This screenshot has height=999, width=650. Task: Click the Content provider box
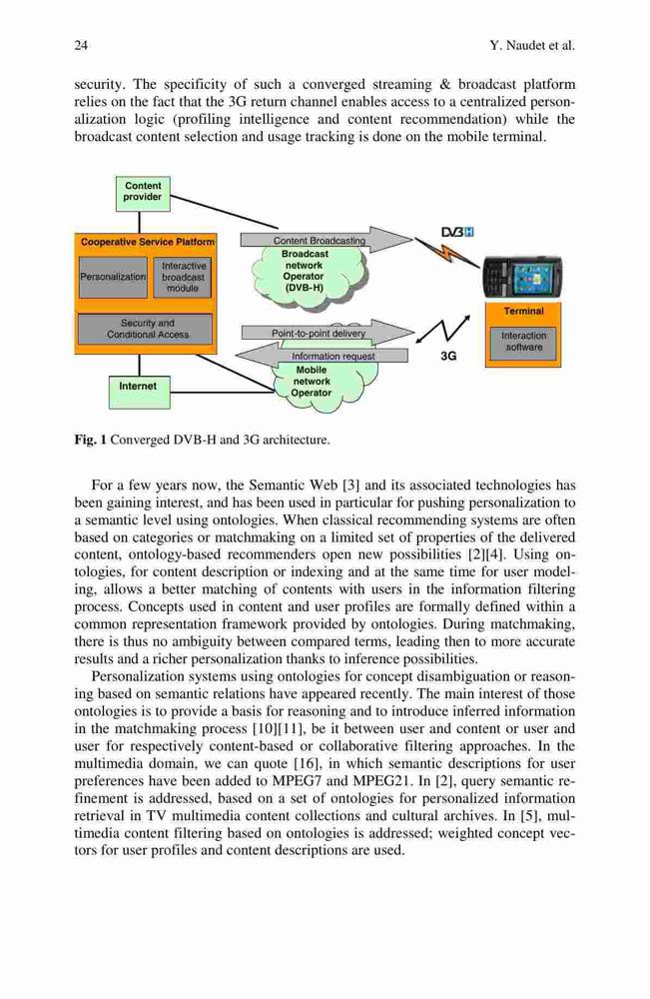(x=143, y=193)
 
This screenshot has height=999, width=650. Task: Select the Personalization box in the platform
(x=113, y=277)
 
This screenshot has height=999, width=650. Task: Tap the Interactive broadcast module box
(x=183, y=277)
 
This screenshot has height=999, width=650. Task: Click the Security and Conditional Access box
(x=145, y=329)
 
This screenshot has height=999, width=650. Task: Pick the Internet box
(x=139, y=390)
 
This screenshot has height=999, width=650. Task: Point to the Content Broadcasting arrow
(x=326, y=240)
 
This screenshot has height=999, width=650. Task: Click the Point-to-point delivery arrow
(x=327, y=333)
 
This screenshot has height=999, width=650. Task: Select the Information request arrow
(x=322, y=356)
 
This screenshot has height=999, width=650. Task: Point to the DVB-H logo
(x=457, y=233)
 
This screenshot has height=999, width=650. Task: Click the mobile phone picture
(x=523, y=277)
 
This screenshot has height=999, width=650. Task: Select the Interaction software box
(x=523, y=342)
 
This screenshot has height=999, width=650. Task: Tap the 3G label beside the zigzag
(x=448, y=357)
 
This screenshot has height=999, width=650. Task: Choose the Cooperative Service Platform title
(x=148, y=242)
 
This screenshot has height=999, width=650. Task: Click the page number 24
(x=81, y=45)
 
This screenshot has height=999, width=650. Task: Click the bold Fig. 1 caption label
(x=91, y=440)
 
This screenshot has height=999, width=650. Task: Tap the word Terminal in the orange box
(x=524, y=311)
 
